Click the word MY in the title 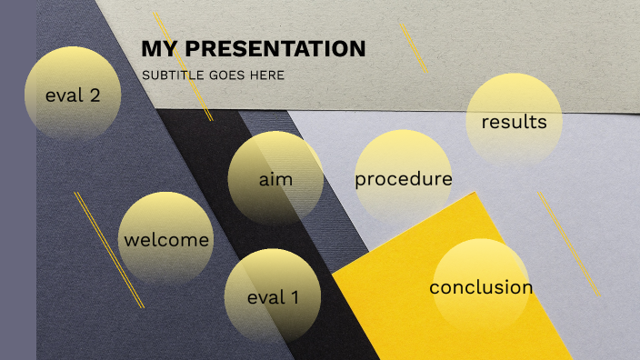(155, 49)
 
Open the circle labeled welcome (166, 240)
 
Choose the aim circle (275, 178)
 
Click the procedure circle (403, 178)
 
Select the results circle (514, 121)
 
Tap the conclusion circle (481, 287)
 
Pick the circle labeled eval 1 (273, 296)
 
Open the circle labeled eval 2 (73, 94)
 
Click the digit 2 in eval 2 (95, 94)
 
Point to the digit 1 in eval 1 (294, 296)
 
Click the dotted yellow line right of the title (413, 47)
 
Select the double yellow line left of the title (184, 66)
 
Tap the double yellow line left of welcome (109, 249)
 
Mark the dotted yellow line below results (569, 244)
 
